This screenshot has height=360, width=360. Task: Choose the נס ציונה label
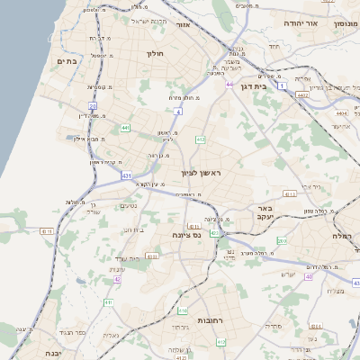(x=188, y=234)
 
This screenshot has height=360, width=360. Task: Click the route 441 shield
(x=125, y=129)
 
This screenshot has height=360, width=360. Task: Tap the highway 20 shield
(x=93, y=106)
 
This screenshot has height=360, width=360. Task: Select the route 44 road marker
(x=230, y=85)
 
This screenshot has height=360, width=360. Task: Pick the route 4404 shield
(x=340, y=114)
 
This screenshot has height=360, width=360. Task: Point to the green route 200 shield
(x=282, y=241)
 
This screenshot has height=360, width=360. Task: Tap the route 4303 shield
(x=152, y=256)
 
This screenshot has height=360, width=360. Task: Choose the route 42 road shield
(x=117, y=280)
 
